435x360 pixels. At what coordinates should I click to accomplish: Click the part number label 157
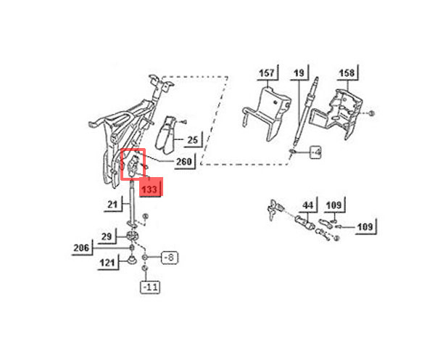pos(267,73)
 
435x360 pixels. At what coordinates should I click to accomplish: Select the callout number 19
pos(299,73)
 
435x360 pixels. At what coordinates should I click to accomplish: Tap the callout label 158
pos(347,73)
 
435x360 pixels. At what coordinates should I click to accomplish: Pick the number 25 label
pos(193,140)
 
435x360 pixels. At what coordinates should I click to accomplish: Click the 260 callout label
pos(184,161)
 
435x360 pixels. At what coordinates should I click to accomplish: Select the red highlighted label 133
pos(150,189)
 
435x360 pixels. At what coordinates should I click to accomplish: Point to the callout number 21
pos(112,205)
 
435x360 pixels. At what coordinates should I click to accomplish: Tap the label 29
pos(107,237)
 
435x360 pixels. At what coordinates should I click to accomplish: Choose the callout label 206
pos(81,247)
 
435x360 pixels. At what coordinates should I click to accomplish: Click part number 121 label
pos(107,263)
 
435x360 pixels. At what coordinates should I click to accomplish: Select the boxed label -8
pos(169,258)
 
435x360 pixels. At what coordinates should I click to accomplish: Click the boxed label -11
pos(150,287)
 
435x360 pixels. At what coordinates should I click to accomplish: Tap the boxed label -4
pos(315,152)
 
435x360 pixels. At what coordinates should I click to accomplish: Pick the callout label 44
pos(307,205)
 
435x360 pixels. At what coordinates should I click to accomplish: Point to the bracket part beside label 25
pos(166,135)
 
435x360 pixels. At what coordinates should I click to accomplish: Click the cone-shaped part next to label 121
pos(131,260)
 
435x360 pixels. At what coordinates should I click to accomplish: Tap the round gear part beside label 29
pos(133,236)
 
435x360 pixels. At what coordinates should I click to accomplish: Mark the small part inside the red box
pos(133,165)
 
